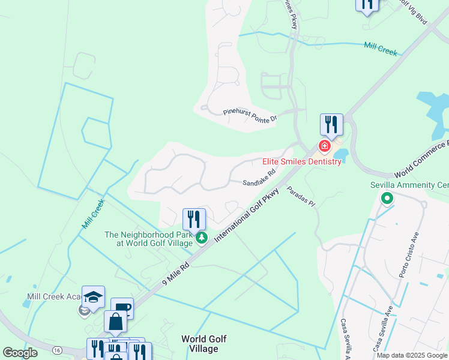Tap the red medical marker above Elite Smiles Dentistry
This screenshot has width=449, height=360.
coord(325,146)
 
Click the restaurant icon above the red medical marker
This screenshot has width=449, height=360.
coord(331,124)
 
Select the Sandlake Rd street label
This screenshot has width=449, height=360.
coord(259,178)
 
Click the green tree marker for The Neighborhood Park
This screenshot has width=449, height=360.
coord(202,239)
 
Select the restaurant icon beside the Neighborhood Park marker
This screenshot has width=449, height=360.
coord(194,219)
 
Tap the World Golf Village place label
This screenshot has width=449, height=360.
coord(204,344)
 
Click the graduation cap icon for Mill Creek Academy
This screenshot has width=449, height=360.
coord(93,297)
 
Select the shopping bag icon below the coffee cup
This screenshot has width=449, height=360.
coord(115,322)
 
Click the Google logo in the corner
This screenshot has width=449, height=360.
coord(20,353)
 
